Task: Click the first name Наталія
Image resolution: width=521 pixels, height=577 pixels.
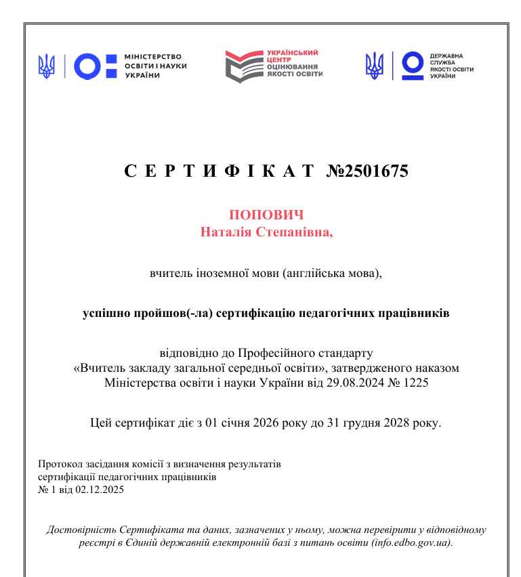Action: click(226, 232)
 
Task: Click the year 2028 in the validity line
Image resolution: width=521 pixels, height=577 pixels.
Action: click(390, 425)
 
